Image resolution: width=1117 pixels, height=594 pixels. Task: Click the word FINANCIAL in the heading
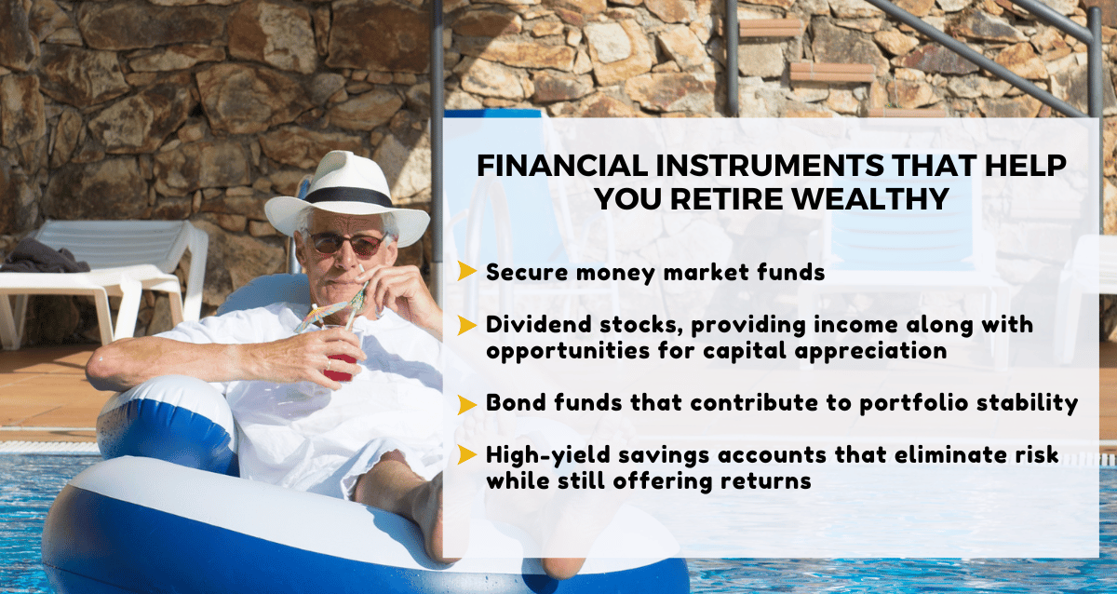pyautogui.click(x=562, y=165)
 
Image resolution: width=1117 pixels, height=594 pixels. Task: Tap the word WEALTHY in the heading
pyautogui.click(x=870, y=199)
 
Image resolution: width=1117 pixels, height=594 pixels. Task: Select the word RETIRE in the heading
pyautogui.click(x=731, y=199)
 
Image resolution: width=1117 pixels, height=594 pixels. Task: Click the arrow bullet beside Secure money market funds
pyautogui.click(x=467, y=271)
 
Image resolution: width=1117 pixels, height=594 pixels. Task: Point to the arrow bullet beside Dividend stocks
pyautogui.click(x=467, y=325)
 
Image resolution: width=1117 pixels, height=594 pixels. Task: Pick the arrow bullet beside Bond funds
pyautogui.click(x=467, y=404)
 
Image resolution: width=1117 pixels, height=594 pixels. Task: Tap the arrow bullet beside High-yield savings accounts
pyautogui.click(x=467, y=455)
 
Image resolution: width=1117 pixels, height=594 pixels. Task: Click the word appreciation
pyautogui.click(x=870, y=352)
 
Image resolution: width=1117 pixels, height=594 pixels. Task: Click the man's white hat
pyautogui.click(x=347, y=199)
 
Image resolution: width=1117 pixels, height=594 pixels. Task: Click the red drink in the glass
pyautogui.click(x=342, y=367)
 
